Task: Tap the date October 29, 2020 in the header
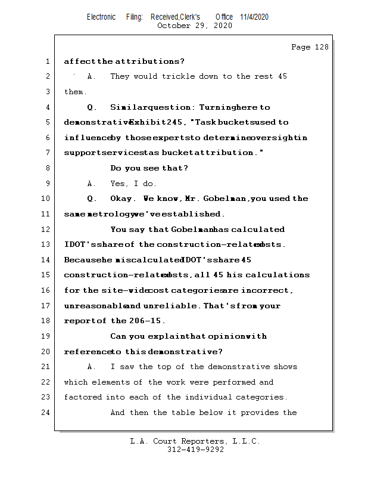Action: tap(194, 26)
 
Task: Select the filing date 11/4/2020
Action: tap(254, 17)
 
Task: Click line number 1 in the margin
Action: tap(46, 61)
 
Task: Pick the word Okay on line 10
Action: tap(123, 199)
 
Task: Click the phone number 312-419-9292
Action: tap(195, 450)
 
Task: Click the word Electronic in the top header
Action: tap(101, 17)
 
